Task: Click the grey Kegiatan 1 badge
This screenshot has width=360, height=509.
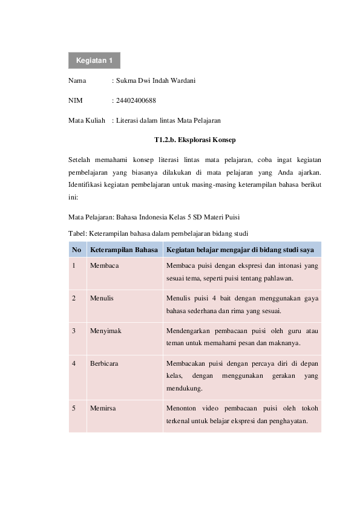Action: point(94,60)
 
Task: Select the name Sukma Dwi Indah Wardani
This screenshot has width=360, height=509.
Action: point(155,80)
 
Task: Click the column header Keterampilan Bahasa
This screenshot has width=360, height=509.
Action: point(123,250)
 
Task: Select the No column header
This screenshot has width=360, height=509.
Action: point(76,250)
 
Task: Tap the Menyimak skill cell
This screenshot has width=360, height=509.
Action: point(105,331)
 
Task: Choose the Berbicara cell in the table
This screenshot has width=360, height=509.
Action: point(104,364)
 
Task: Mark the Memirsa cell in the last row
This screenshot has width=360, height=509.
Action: point(102,408)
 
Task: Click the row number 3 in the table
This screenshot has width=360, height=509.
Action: point(73,331)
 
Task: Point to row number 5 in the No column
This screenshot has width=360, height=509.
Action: point(73,408)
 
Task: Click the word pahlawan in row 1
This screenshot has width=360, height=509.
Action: point(278,279)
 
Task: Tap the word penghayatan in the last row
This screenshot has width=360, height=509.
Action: point(288,421)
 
